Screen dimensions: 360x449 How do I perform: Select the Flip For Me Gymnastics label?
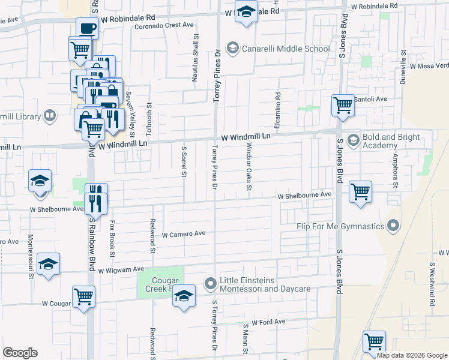coord(340,226)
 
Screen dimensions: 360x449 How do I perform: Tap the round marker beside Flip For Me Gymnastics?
coord(393,226)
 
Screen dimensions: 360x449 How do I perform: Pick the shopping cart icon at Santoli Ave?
coord(343,105)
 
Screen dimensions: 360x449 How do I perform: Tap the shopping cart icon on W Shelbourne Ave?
coord(360,192)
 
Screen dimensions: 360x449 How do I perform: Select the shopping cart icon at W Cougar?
coord(83,296)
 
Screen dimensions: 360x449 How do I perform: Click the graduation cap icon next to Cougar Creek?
coord(184,296)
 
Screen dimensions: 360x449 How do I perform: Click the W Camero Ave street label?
coord(184,234)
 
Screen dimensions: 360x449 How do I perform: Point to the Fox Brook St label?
coord(112,238)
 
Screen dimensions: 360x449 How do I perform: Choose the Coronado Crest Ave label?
coord(164,25)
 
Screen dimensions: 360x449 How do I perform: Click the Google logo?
coord(20,353)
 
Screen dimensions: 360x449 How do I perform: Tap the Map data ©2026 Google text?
coord(411,355)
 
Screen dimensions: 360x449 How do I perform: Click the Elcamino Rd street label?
coord(278,104)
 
